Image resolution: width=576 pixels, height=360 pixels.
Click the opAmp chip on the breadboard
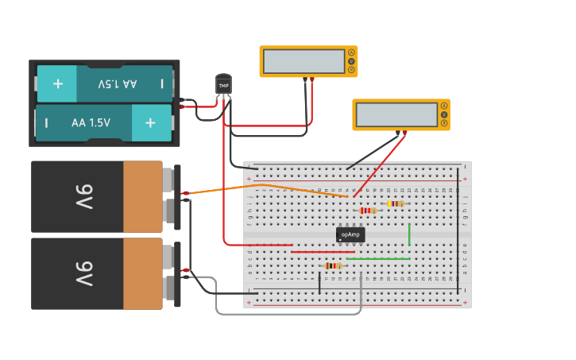click(350, 234)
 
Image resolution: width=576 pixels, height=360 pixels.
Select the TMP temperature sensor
click(223, 85)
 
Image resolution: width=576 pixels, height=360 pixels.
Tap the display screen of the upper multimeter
click(304, 61)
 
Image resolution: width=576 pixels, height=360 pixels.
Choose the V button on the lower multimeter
click(444, 114)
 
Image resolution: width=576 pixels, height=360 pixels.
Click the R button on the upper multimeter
click(351, 70)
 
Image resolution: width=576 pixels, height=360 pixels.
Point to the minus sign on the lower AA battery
click(46, 122)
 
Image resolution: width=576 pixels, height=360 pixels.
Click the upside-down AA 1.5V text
click(117, 83)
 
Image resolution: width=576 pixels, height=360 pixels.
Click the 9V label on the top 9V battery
click(83, 197)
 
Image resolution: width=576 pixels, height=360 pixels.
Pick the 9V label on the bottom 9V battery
click(83, 274)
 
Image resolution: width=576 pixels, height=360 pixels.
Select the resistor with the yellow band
click(395, 203)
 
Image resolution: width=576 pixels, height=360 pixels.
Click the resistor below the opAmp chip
click(333, 265)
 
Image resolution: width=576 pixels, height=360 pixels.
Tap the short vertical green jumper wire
click(409, 234)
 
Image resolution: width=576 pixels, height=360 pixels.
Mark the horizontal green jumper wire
click(378, 258)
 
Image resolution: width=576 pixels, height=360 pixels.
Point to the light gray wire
click(286, 313)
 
